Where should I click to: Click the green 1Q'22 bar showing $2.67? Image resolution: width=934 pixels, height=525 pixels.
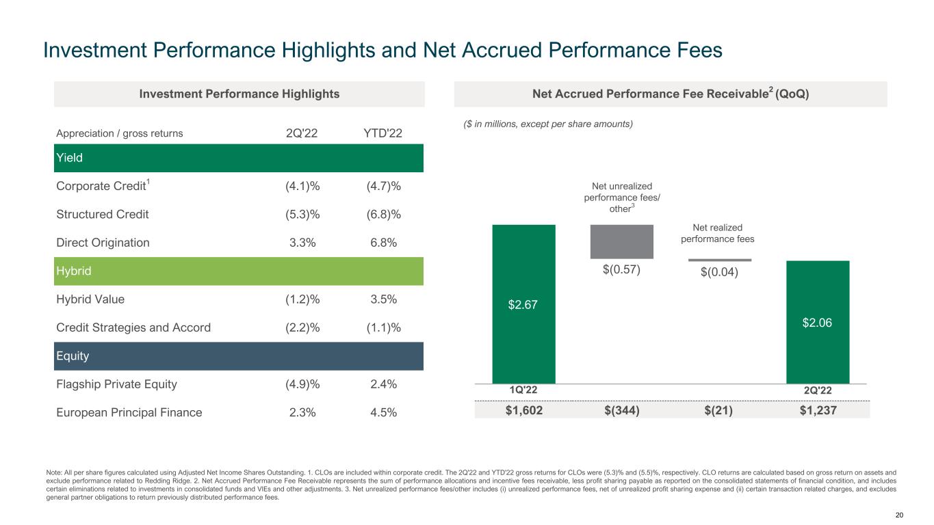coord(523,304)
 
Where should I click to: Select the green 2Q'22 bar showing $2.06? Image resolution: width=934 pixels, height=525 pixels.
coord(818,321)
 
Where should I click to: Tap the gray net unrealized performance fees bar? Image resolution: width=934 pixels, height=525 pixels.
coord(621,241)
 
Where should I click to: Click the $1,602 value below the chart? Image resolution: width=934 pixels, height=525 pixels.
coord(523,409)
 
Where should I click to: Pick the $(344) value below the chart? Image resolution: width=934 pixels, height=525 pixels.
coord(621,409)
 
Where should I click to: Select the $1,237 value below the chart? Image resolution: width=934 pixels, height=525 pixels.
coord(818,409)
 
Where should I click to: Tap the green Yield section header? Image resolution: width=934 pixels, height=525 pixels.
coord(239,158)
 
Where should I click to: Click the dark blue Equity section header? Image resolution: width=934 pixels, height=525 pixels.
coord(239,356)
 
